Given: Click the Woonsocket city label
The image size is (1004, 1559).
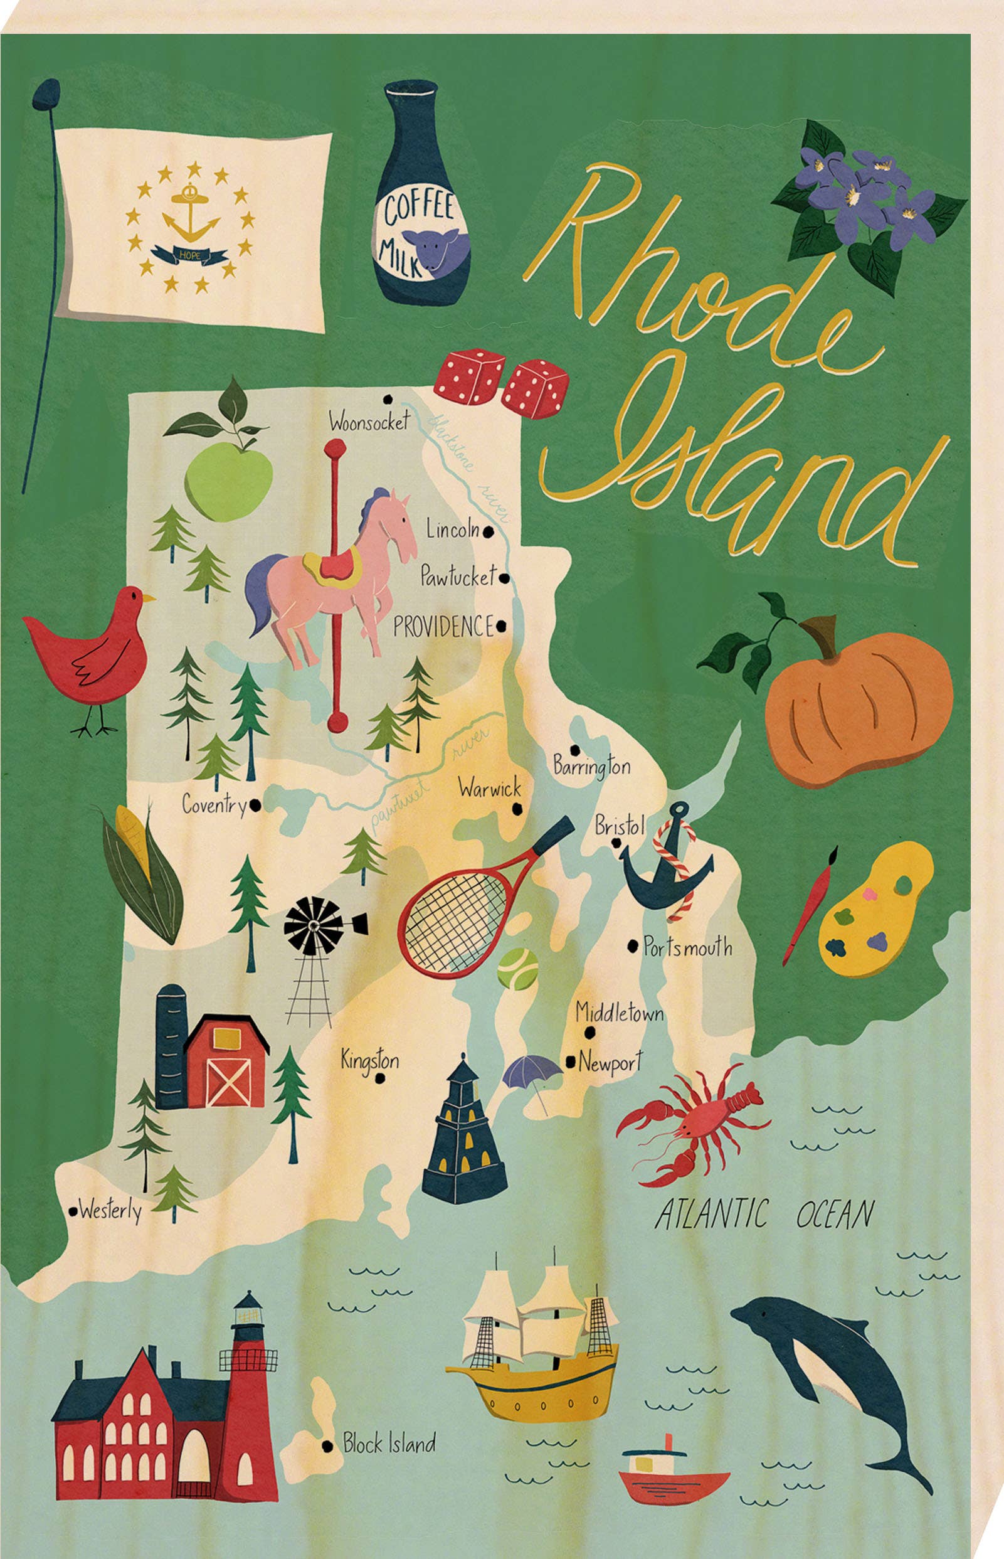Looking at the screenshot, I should click(x=369, y=422).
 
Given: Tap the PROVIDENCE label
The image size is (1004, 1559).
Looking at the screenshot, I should click(x=443, y=627).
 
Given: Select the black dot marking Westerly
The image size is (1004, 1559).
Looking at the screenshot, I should click(x=73, y=1211).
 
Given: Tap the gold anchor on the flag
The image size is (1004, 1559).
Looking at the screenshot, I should click(x=191, y=219).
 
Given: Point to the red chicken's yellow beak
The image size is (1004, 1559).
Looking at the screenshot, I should click(x=149, y=597).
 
